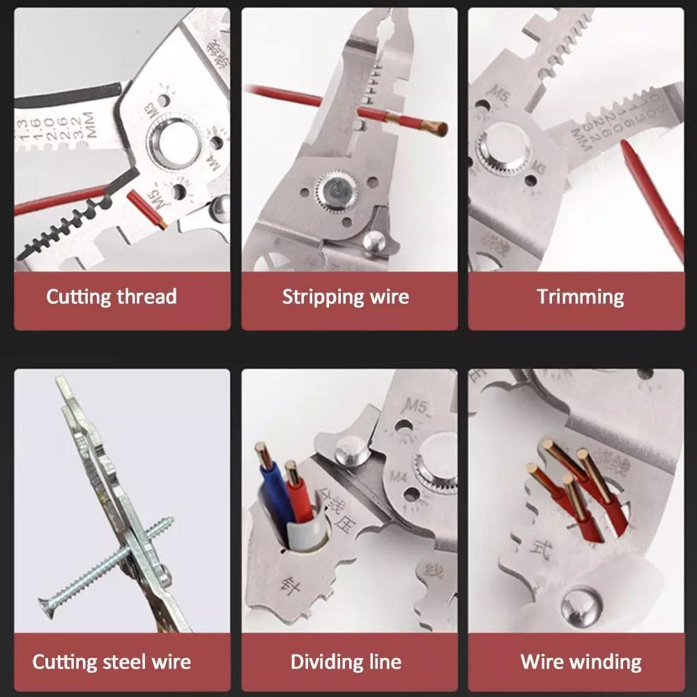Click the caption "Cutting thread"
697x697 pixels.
pyautogui.click(x=112, y=297)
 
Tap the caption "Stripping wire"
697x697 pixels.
pyautogui.click(x=345, y=297)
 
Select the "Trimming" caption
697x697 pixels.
pyautogui.click(x=580, y=297)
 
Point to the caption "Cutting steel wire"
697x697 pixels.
pyautogui.click(x=112, y=661)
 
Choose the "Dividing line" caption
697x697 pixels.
pyautogui.click(x=345, y=661)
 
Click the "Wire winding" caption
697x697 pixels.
pyautogui.click(x=581, y=661)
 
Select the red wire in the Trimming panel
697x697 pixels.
pyautogui.click(x=652, y=202)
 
